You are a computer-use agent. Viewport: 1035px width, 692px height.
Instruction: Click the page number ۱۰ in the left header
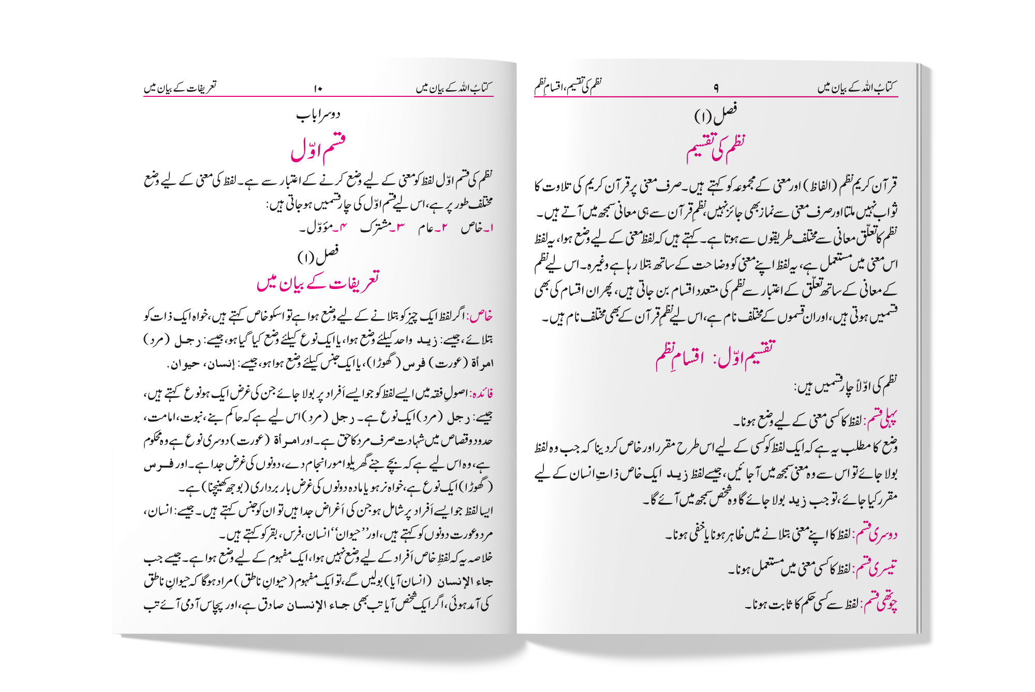coord(318,89)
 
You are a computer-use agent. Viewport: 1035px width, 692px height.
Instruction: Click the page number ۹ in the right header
coord(716,89)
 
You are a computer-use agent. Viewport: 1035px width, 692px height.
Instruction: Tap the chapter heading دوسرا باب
coord(318,114)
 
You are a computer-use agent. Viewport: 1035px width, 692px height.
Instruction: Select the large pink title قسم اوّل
coord(318,149)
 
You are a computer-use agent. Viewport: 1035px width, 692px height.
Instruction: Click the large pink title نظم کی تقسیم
coord(716,149)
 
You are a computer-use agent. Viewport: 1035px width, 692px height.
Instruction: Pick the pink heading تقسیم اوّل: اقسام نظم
coord(716,356)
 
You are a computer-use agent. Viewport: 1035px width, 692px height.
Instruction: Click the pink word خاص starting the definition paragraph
coord(480,315)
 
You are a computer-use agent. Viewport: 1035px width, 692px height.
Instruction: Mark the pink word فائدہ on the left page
coord(480,393)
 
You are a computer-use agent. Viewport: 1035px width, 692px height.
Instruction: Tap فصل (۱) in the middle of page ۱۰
coord(318,255)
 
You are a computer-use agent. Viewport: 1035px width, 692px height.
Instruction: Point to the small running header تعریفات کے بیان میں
coord(180,88)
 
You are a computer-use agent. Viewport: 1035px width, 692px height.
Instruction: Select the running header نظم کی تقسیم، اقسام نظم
coord(568,86)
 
